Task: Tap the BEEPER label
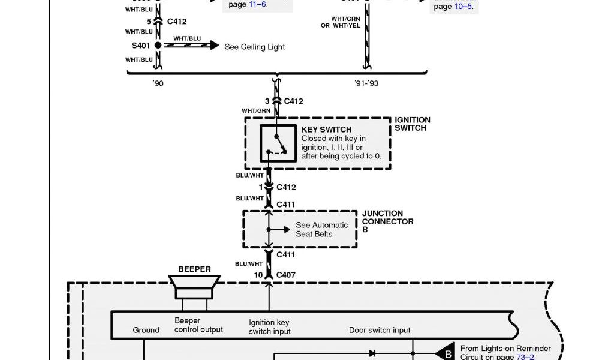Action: point(195,269)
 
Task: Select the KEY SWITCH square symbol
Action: point(278,143)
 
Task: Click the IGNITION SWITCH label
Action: point(413,124)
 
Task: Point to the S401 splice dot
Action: point(158,45)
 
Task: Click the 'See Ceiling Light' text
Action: point(254,47)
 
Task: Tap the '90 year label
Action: point(158,83)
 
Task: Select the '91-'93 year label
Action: point(366,83)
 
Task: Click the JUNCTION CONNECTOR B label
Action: point(387,221)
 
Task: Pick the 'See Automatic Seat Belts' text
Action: point(321,229)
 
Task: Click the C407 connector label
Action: point(286,275)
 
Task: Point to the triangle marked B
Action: point(445,353)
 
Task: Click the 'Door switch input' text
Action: point(380,330)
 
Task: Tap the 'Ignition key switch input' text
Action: point(270,326)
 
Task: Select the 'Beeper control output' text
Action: point(198,325)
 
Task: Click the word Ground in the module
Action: point(146,330)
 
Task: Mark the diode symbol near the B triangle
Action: point(372,353)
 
